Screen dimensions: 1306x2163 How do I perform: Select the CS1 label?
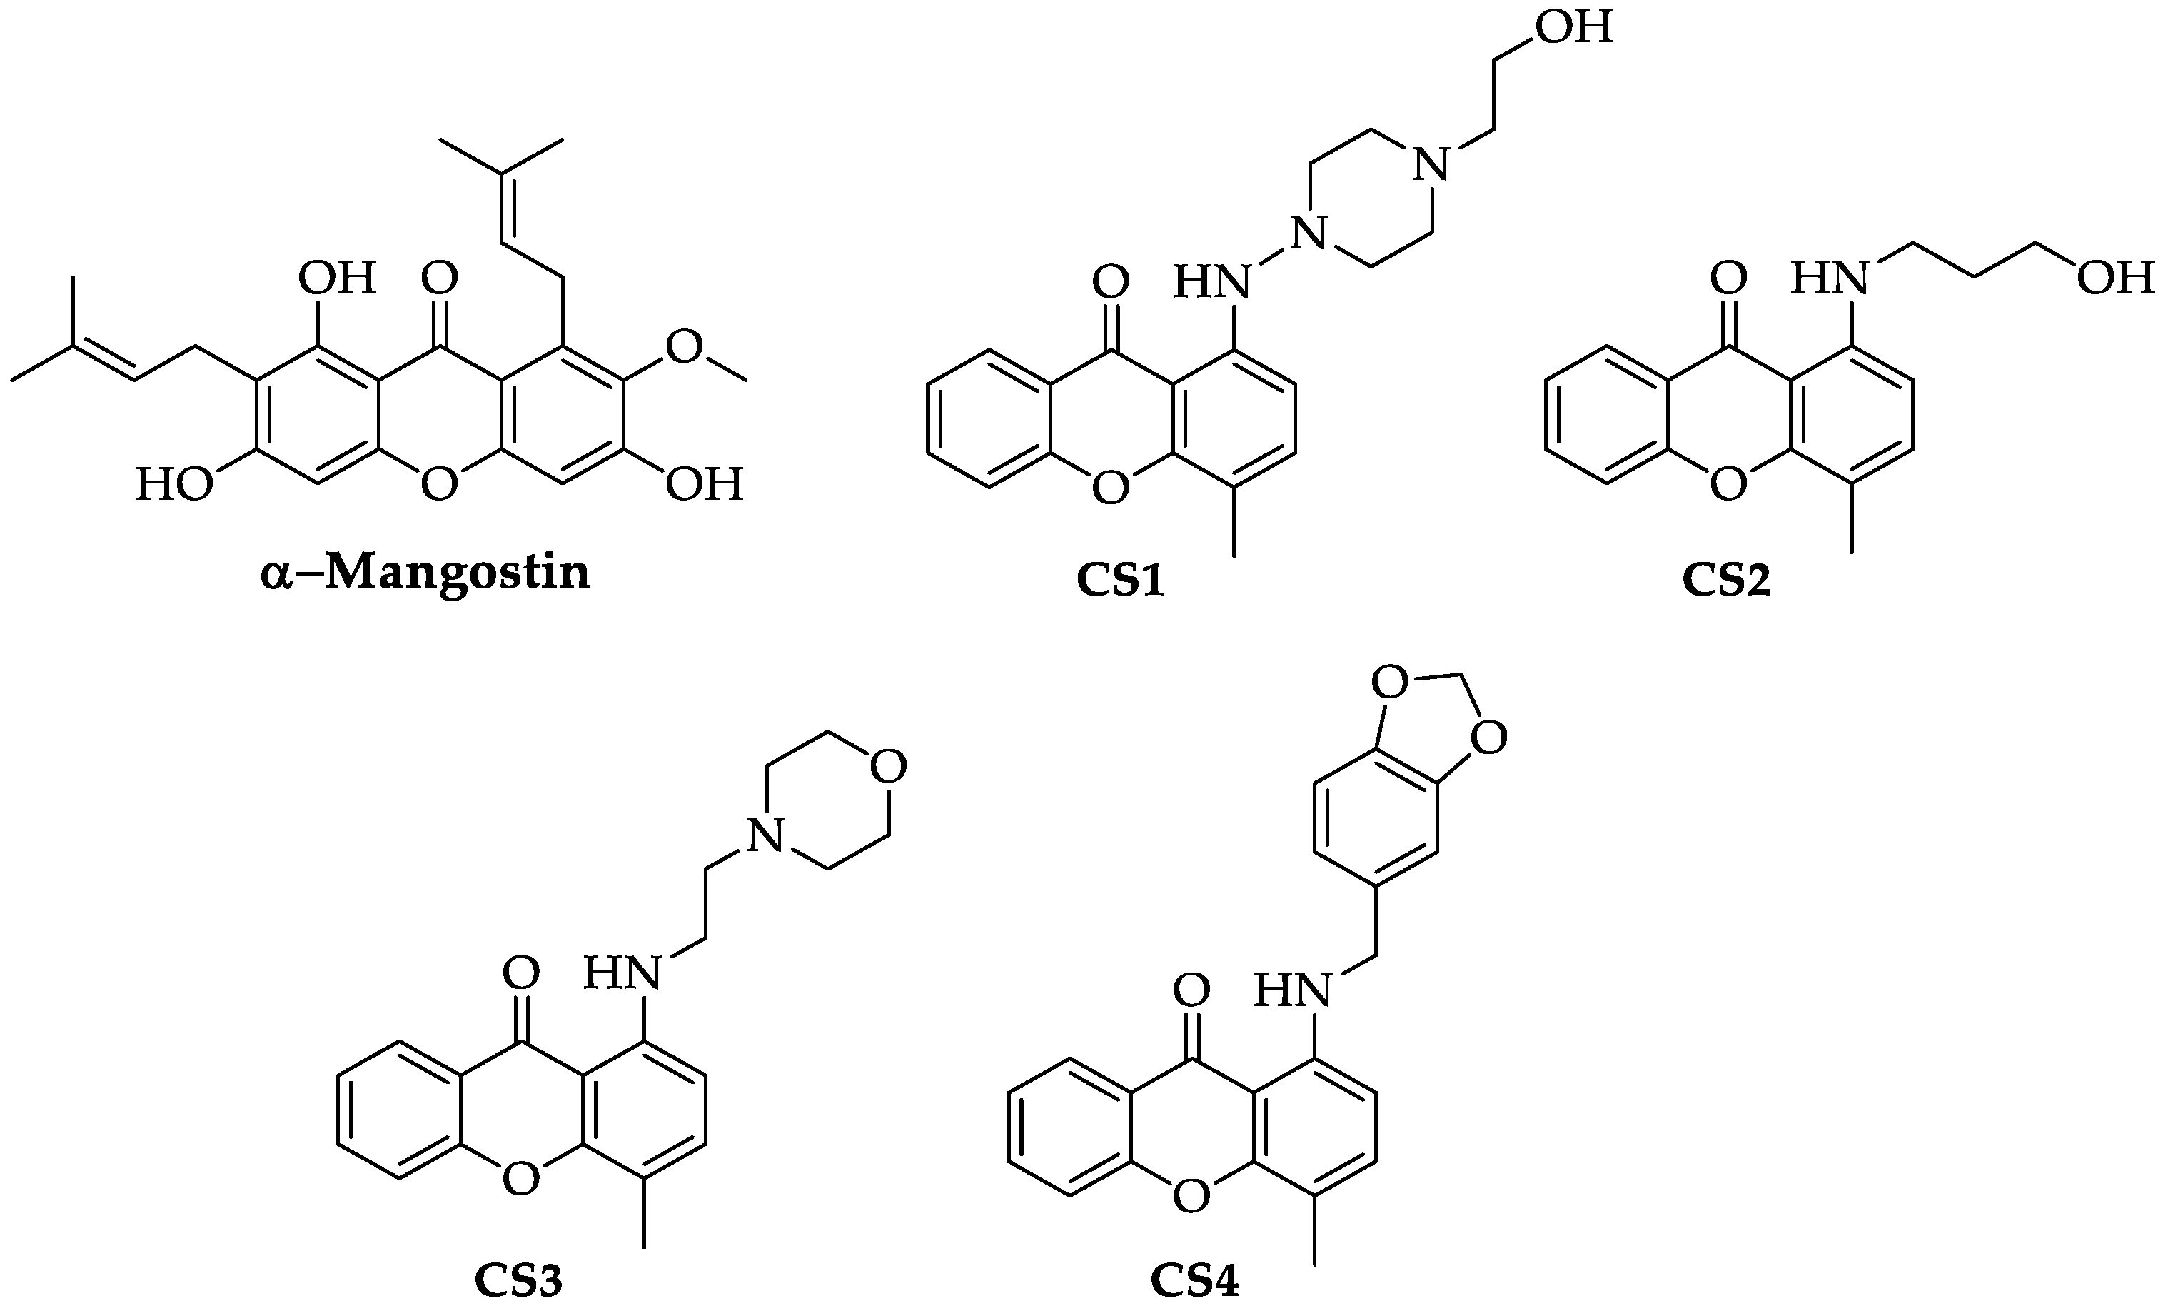(1120, 581)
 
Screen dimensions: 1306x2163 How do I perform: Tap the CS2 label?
(1726, 581)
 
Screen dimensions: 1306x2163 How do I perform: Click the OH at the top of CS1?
(1575, 27)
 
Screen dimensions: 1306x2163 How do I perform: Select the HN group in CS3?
(622, 973)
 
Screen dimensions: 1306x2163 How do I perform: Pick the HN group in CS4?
(1291, 990)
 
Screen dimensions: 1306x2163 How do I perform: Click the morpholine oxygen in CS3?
(887, 767)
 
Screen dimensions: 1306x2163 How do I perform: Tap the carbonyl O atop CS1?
(1111, 282)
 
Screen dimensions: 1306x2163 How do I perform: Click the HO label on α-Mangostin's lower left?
(173, 485)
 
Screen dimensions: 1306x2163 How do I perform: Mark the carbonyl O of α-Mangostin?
(439, 278)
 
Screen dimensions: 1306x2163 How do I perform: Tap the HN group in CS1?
(1211, 282)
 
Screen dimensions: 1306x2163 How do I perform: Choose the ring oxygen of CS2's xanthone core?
(1728, 484)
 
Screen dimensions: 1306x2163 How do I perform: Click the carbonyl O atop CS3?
(520, 973)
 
